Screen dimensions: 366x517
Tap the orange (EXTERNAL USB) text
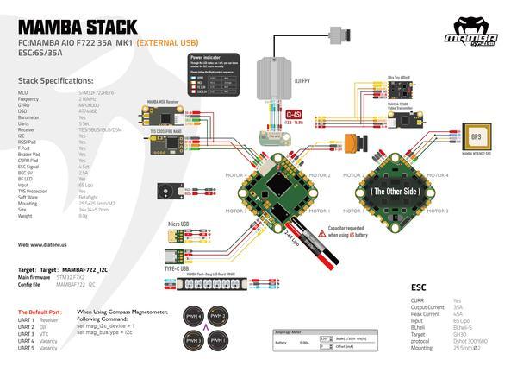click(169, 41)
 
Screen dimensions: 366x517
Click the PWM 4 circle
click(196, 318)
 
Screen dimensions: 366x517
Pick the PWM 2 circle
click(219, 318)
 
